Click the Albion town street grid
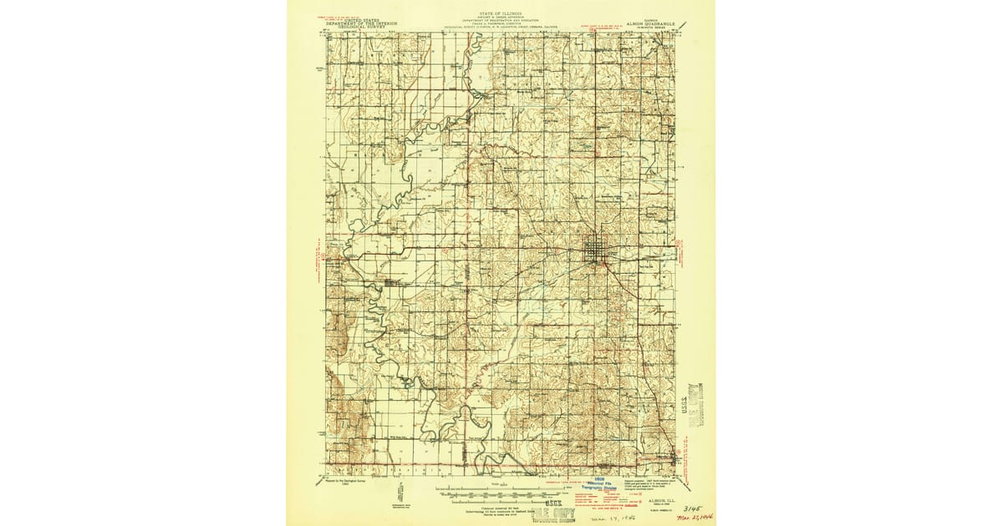click(597, 249)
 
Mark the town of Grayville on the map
click(679, 458)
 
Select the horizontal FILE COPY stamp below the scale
click(508, 510)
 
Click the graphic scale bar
click(500, 491)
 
